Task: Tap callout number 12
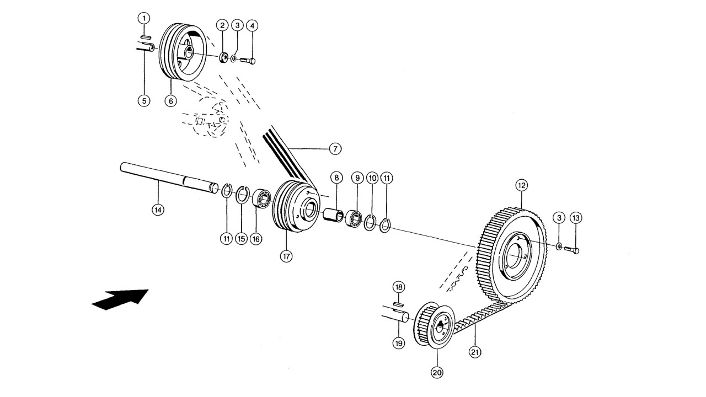tap(522, 186)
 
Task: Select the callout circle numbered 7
tap(335, 148)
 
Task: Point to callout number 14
tap(158, 210)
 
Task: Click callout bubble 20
tap(437, 373)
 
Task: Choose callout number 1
tap(144, 19)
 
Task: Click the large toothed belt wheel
tap(511, 255)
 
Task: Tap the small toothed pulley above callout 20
tap(434, 325)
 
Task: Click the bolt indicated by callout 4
tap(248, 60)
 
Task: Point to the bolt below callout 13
tap(571, 250)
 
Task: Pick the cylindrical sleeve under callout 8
tap(334, 214)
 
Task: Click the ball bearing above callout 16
tap(262, 198)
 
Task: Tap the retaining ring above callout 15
tap(243, 195)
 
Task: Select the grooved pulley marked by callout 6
tap(183, 52)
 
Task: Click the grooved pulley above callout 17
tap(296, 206)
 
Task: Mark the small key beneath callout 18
tap(398, 304)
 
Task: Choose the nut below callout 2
tap(224, 58)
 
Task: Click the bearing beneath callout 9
tap(354, 218)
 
